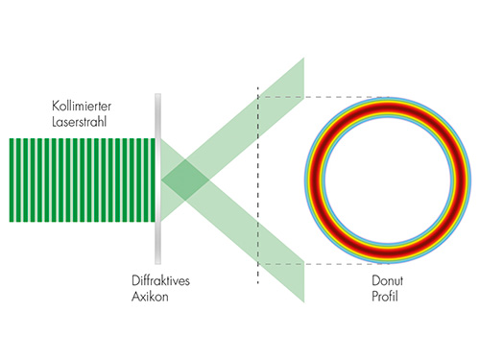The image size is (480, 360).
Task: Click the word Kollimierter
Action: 82,106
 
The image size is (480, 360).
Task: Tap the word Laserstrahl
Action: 79,122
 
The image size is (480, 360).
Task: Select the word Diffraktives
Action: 160,280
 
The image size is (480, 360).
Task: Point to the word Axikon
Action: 150,297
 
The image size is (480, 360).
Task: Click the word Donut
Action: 387,280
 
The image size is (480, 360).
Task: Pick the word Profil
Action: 385,297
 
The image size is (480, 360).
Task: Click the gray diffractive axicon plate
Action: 157,179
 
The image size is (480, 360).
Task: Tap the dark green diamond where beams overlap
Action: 185,180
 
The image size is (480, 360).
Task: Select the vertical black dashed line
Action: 258,185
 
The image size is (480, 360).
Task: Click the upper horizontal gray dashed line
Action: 324,97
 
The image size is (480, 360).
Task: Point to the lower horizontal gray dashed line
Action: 324,264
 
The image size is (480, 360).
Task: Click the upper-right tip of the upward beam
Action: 303,59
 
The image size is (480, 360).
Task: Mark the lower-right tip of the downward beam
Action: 303,302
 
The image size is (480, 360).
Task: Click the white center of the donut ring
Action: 388,180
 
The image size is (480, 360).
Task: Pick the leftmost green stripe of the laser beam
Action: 12,180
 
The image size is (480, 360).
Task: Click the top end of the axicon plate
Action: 157,94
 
